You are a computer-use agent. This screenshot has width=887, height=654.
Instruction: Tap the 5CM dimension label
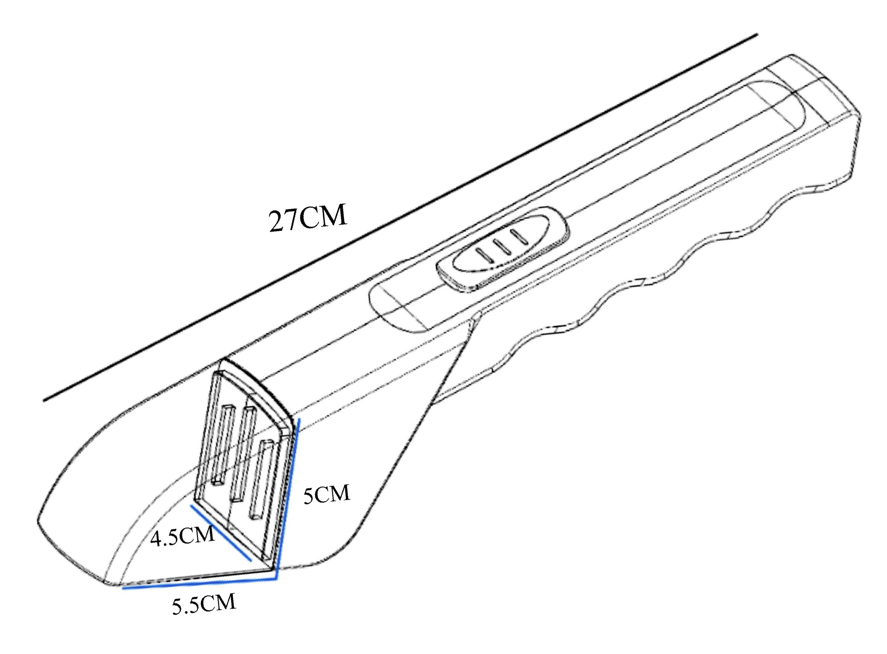[x=327, y=495]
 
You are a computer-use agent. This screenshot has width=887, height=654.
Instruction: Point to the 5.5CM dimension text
[x=204, y=605]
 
